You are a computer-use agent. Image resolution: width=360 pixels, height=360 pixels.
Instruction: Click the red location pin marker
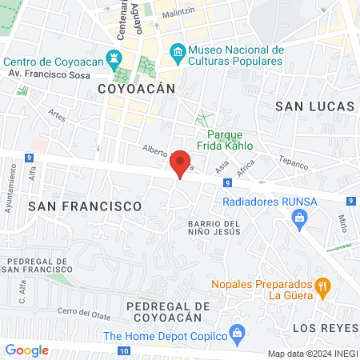pyautogui.click(x=181, y=163)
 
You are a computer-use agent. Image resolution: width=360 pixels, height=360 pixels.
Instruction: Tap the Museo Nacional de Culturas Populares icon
pyautogui.click(x=178, y=54)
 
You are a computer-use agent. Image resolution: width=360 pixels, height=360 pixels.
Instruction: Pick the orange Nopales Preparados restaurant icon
pyautogui.click(x=322, y=286)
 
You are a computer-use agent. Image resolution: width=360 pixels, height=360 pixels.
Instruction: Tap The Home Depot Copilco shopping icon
pyautogui.click(x=236, y=331)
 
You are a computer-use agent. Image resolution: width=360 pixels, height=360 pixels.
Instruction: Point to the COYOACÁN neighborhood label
pyautogui.click(x=136, y=88)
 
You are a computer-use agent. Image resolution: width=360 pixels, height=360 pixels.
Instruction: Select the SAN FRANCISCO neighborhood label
pyautogui.click(x=84, y=206)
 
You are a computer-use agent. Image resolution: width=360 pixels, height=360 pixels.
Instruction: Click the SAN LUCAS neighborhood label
pyautogui.click(x=314, y=106)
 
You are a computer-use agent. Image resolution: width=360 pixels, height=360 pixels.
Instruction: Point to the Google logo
pyautogui.click(x=26, y=350)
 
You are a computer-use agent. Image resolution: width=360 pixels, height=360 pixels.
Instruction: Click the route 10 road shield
pyautogui.click(x=122, y=350)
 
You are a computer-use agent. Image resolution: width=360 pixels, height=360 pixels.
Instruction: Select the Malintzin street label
pyautogui.click(x=178, y=14)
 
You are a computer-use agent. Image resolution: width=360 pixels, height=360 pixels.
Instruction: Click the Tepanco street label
pyautogui.click(x=293, y=160)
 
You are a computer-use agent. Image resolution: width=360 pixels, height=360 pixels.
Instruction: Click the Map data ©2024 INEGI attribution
pyautogui.click(x=311, y=354)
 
